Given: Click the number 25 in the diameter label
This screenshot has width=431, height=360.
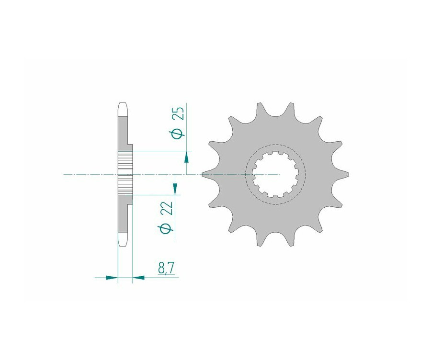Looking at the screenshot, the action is (x=179, y=113).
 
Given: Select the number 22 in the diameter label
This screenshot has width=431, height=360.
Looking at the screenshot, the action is (x=167, y=208).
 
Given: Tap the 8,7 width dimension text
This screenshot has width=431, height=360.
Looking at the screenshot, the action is (x=166, y=268).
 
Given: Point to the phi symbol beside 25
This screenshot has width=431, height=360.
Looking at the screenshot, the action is (x=179, y=133).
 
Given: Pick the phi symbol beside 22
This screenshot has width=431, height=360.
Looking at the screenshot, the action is (x=166, y=228).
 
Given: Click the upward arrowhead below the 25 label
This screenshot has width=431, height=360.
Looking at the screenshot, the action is (x=186, y=157).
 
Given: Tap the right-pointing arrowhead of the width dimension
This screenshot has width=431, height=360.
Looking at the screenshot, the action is (x=112, y=278).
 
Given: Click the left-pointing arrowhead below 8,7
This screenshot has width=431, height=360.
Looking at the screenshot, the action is (x=138, y=278).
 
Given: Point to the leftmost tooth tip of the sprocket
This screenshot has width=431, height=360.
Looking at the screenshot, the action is (x=202, y=174).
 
